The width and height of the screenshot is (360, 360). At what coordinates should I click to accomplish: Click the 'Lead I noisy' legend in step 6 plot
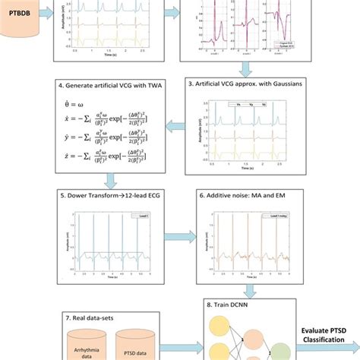tap(277, 216)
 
